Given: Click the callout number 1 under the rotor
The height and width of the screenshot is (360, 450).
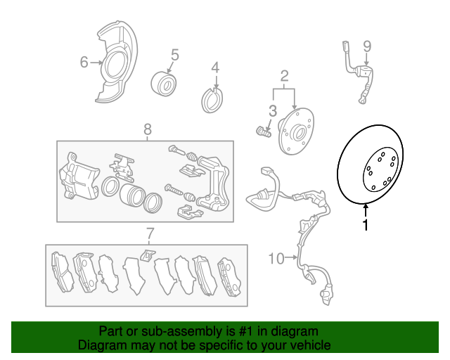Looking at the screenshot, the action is click(x=366, y=225).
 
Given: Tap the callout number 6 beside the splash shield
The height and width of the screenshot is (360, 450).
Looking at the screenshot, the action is click(x=84, y=62).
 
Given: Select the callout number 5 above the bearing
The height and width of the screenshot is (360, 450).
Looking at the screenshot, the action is click(x=175, y=55).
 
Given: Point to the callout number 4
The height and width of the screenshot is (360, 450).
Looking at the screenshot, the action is click(x=215, y=67).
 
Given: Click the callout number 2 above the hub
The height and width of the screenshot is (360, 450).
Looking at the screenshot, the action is click(x=284, y=76).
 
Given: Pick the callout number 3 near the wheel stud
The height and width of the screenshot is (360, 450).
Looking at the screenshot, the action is click(x=272, y=111).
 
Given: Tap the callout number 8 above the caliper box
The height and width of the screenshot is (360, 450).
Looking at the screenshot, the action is click(x=147, y=129).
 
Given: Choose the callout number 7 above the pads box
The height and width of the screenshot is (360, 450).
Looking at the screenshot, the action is click(x=150, y=233).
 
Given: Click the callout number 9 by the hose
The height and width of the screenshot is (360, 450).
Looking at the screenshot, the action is click(x=367, y=46).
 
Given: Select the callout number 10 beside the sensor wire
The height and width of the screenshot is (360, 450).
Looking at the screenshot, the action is click(x=276, y=258).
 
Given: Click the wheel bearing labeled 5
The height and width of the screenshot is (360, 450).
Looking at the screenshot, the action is click(x=164, y=84).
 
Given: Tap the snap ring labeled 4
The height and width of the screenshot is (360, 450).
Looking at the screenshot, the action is click(x=212, y=101).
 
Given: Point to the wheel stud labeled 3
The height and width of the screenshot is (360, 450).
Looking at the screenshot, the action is click(x=264, y=131).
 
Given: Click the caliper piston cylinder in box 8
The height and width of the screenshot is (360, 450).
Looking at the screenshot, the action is click(x=131, y=195).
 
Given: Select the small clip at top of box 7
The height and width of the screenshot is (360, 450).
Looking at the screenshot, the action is click(x=147, y=255).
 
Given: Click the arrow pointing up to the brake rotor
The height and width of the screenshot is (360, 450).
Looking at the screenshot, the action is click(x=366, y=210).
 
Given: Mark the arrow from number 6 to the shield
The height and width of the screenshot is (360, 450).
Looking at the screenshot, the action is click(x=96, y=63).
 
